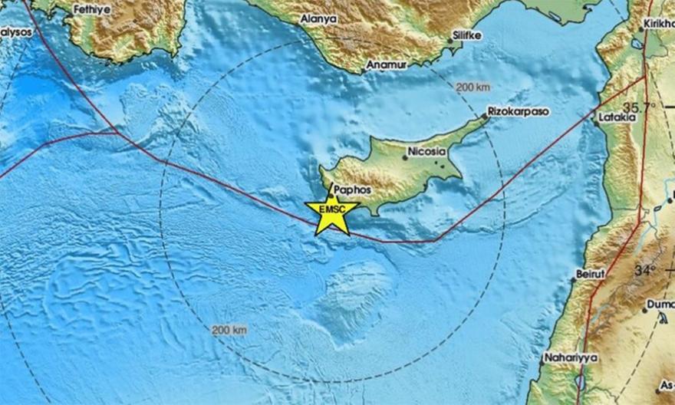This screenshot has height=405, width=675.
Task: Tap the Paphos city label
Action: [x=352, y=189]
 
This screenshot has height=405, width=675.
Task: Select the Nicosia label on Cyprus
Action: [x=426, y=152]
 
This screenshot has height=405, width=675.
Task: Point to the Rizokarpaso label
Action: [x=519, y=111]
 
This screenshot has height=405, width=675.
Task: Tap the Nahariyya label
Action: [x=568, y=357]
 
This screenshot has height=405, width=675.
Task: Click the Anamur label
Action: [x=385, y=65]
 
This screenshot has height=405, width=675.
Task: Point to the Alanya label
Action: [x=318, y=18]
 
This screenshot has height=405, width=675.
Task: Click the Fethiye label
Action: [x=93, y=10]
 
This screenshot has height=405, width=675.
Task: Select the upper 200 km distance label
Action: [x=472, y=88]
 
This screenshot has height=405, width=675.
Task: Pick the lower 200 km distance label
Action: [x=229, y=330]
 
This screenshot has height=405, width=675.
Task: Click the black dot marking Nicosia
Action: [x=405, y=158]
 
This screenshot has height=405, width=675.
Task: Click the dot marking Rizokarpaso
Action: [x=486, y=117]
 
